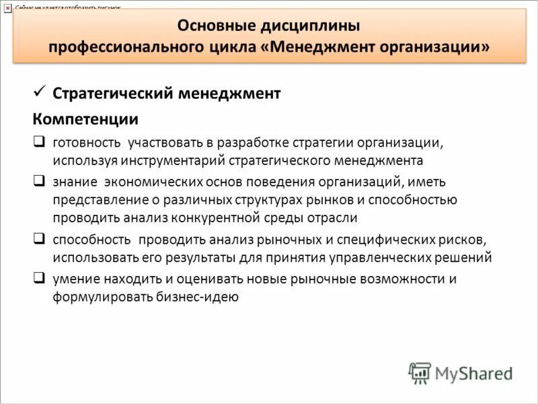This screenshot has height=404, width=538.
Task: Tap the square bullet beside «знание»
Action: pyautogui.click(x=39, y=181)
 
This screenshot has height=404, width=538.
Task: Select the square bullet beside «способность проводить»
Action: pyautogui.click(x=39, y=238)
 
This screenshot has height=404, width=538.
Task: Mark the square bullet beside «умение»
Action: pyautogui.click(x=39, y=277)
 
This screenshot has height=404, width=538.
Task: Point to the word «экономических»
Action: pyautogui.click(x=151, y=182)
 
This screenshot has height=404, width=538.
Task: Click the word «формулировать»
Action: pyautogui.click(x=100, y=297)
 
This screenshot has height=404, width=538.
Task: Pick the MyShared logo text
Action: pyautogui.click(x=474, y=372)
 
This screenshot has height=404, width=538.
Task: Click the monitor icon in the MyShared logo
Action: pyautogui.click(x=420, y=373)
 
